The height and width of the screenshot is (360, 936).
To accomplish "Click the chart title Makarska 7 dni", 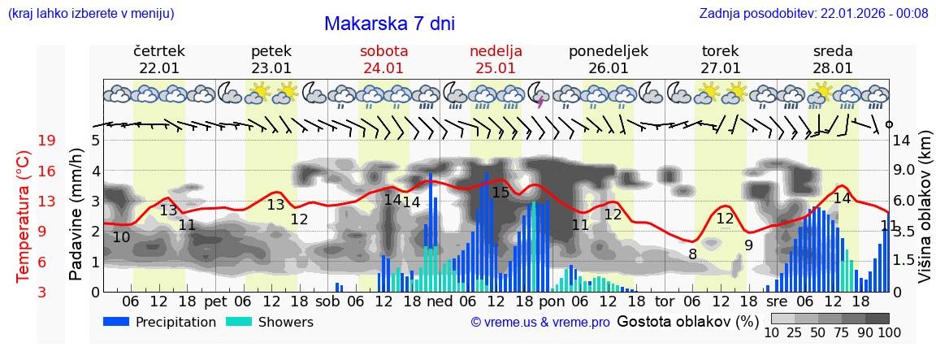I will pos(389,24).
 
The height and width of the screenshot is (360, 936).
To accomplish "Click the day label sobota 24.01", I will pos(383,59).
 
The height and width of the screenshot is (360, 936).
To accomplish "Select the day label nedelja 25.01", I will pos(496,59).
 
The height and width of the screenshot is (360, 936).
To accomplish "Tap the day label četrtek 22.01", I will pos(159,59).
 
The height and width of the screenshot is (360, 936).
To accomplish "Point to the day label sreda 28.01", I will pos(833,59).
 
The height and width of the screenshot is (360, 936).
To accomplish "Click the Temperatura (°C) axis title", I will pos(24,216).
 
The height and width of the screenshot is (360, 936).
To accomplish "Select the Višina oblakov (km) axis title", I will pos(925,216).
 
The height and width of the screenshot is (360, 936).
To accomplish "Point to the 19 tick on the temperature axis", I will pos(46,141).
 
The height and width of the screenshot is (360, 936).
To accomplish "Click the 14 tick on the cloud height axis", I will pos(902,141).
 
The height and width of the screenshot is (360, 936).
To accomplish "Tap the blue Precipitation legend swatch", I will pos(116,321).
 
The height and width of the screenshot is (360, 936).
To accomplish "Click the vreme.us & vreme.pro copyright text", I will pos(539,323).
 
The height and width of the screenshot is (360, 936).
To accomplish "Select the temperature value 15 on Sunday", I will pos(500,193).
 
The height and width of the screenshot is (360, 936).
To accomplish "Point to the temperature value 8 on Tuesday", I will pos(692,254).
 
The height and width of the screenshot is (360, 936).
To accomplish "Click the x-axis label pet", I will pos(215,301).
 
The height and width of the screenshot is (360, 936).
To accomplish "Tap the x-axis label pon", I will pos(552,301).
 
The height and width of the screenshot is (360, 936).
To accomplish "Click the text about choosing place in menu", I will pos(90,13).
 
